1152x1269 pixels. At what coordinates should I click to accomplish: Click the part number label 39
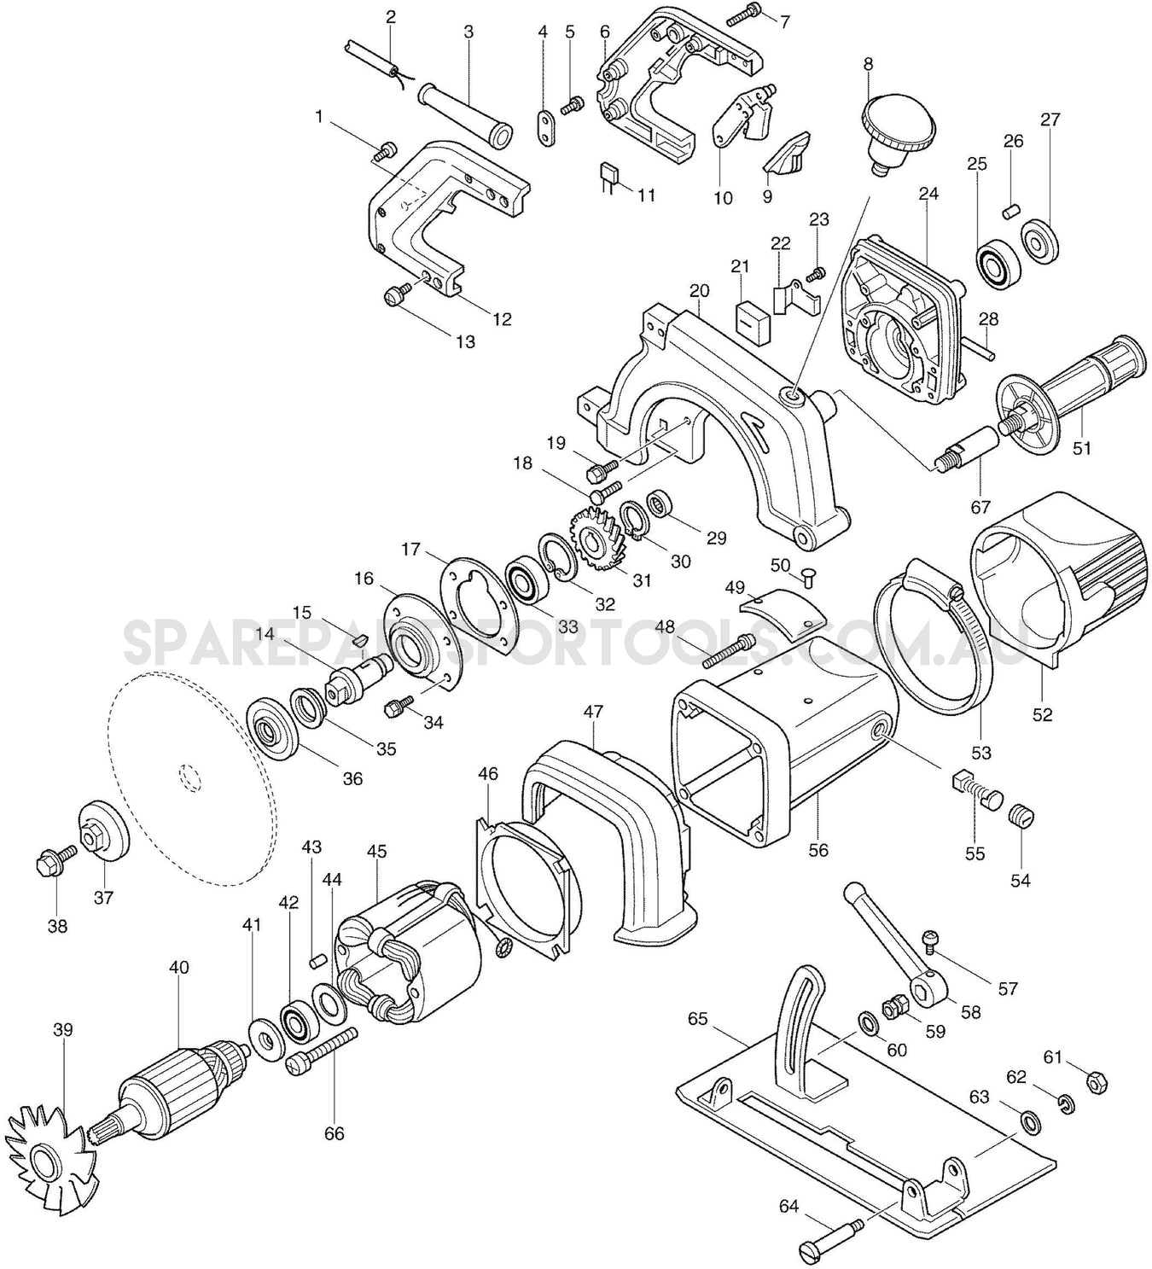[x=64, y=1030]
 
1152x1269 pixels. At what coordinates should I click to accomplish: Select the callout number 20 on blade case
[x=700, y=290]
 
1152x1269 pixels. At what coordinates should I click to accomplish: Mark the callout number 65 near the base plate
[x=697, y=1018]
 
